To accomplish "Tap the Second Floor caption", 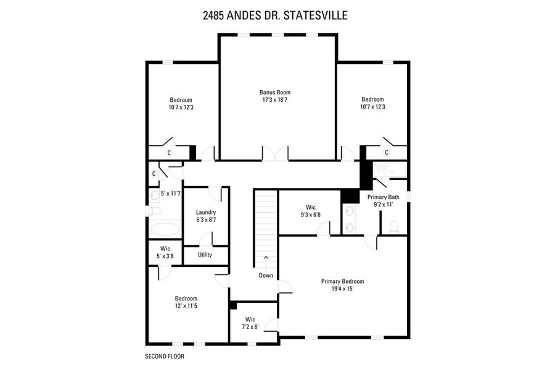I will point(164,356).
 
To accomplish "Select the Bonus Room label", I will point(274,92).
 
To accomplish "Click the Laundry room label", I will point(205,212).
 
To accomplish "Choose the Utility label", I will point(205,254).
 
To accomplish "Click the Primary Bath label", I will point(384,197).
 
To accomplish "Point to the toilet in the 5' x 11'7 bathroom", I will point(155,212).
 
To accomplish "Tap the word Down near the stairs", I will point(266,275).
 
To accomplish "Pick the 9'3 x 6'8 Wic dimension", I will point(311,215).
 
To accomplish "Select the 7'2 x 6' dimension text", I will point(250,327).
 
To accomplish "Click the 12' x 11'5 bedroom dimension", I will point(186,305).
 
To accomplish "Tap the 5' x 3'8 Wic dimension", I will point(165,256).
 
